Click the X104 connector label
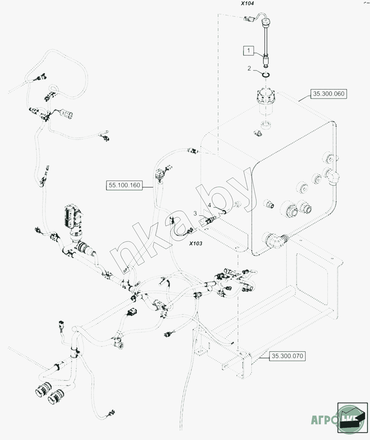click(247, 3)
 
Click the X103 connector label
click(196, 243)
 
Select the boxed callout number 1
click(249, 50)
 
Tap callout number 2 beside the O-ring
click(249, 68)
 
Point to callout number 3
click(195, 213)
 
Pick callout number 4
click(210, 205)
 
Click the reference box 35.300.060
click(328, 94)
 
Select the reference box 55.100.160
click(124, 185)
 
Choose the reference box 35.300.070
click(287, 356)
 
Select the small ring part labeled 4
click(223, 212)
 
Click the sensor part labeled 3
click(210, 221)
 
